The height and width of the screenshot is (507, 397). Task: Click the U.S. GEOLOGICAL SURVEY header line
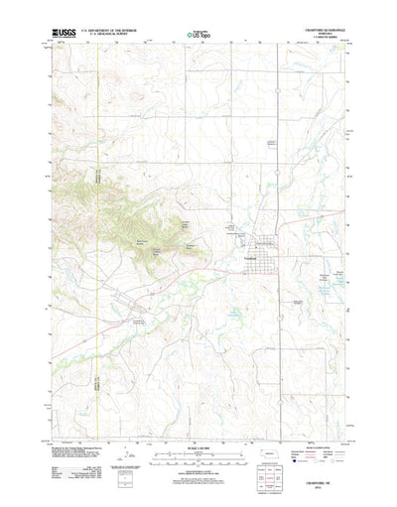point(112,35)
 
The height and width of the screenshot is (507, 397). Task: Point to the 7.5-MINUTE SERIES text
point(327,39)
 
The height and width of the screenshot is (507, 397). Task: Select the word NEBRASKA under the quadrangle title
point(327,35)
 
